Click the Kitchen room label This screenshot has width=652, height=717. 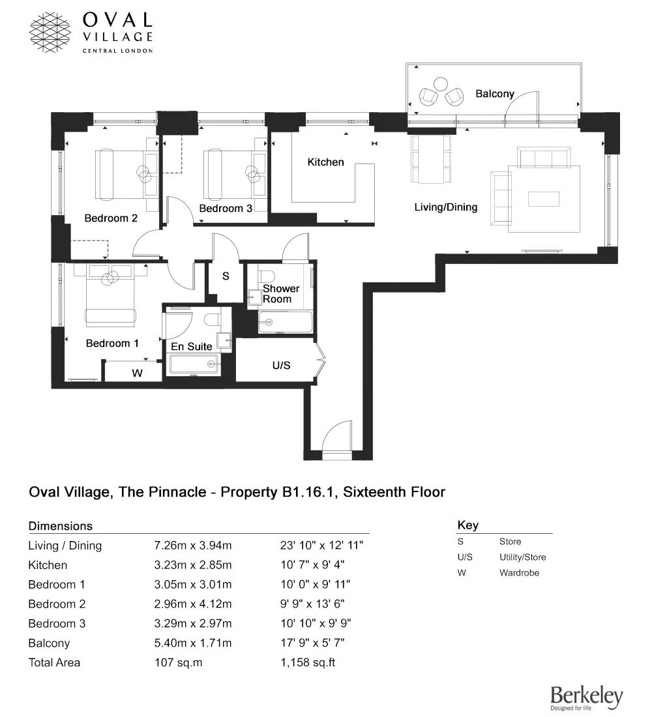325,162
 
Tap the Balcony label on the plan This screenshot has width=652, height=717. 494,94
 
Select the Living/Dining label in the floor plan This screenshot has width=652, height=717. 446,207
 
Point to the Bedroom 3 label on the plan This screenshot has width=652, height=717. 226,209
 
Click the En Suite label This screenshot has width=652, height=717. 191,346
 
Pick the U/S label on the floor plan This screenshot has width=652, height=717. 281,366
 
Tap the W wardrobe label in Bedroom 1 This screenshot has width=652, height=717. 138,373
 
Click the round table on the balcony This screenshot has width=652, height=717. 441,84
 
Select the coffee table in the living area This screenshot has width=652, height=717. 544,199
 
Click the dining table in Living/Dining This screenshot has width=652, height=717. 430,158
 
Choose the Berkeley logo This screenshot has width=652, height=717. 586,698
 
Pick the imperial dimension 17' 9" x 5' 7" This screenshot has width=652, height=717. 312,643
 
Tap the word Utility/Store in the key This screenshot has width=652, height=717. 522,557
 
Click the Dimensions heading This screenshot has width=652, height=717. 61,526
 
